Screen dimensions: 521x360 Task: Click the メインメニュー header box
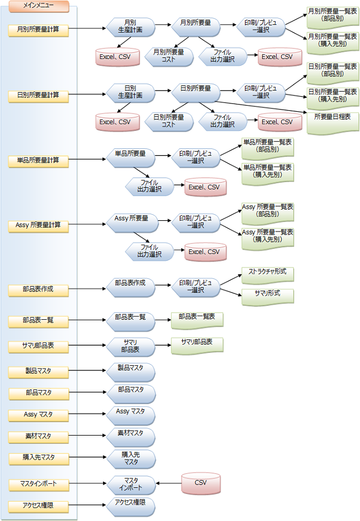[x=38, y=6]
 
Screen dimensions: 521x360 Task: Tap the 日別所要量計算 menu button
[x=38, y=96]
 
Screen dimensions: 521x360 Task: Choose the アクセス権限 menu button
[x=38, y=505]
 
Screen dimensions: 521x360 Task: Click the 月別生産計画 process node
[x=130, y=26]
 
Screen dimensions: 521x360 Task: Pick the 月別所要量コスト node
[x=169, y=56]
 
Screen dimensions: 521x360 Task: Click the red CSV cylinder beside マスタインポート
[x=201, y=483]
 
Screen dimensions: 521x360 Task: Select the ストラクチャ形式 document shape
[x=268, y=274]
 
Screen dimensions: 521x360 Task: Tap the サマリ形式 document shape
[x=268, y=295]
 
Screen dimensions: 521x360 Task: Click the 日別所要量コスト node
[x=169, y=121]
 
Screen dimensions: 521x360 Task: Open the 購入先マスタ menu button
[x=38, y=457]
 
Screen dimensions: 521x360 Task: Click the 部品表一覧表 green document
[x=197, y=319]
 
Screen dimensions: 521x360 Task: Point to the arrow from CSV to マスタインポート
[x=168, y=483]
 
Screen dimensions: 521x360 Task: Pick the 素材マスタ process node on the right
[x=130, y=436]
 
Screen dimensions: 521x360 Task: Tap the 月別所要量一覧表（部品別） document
[x=332, y=15]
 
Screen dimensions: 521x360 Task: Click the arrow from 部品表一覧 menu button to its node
[x=87, y=321]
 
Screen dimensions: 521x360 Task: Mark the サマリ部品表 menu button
[x=38, y=346]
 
